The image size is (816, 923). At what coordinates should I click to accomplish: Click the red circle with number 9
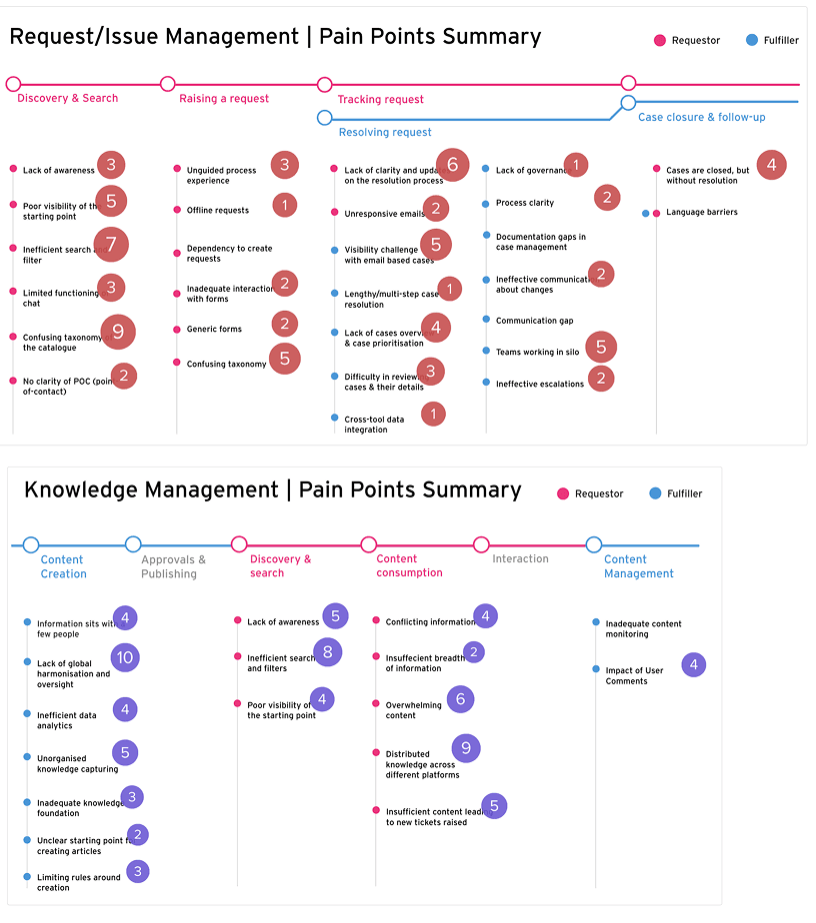118,332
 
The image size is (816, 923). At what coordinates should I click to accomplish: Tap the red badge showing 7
111,244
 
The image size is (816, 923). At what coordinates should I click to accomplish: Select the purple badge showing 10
124,657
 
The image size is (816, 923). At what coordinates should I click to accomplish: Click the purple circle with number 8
327,652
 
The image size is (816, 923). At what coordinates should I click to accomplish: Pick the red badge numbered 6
452,165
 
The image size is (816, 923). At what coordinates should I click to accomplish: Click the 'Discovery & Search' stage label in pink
68,98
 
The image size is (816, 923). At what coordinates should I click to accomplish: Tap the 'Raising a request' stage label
224,98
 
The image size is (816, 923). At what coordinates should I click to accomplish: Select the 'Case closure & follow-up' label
702,117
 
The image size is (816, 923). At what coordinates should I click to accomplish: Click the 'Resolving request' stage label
385,132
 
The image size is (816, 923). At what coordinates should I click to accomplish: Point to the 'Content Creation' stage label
63,566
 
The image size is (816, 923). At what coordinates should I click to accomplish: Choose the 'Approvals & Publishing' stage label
174,567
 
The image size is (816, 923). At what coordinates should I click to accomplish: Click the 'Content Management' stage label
639,566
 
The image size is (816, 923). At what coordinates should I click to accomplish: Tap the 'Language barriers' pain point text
702,213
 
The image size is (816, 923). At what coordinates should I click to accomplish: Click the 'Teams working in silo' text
538,352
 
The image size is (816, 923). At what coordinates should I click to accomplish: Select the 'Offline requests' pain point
218,211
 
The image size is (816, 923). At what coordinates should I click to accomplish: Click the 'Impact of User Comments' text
634,676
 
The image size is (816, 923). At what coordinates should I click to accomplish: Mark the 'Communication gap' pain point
534,321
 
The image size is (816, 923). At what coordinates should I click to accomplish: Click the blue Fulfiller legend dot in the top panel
752,41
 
